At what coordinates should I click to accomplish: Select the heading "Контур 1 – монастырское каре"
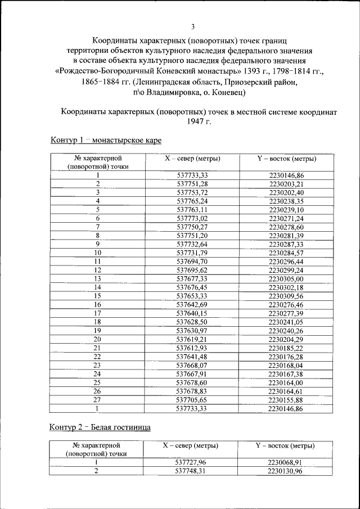pyautogui.click(x=106, y=139)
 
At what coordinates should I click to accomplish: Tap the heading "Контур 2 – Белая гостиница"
pyautogui.click(x=100, y=427)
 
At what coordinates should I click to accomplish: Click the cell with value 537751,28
pyautogui.click(x=192, y=184)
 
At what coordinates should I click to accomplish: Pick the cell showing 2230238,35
pyautogui.click(x=286, y=201)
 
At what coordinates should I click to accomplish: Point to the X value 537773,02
pyautogui.click(x=192, y=218)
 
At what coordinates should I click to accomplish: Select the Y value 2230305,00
pyautogui.click(x=286, y=278)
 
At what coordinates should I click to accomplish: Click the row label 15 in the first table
pyautogui.click(x=97, y=295)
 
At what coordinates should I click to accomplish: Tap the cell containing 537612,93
pyautogui.click(x=192, y=348)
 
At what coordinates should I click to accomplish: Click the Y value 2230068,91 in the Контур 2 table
pyautogui.click(x=286, y=462)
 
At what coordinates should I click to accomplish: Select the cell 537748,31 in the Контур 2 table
pyautogui.click(x=192, y=471)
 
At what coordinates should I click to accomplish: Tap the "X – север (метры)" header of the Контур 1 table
pyautogui.click(x=192, y=159)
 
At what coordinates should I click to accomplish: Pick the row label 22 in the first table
pyautogui.click(x=97, y=356)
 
